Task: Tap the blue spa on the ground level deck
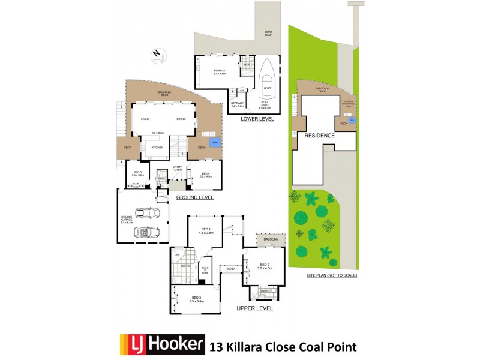(x=214, y=143)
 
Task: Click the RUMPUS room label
(x=218, y=72)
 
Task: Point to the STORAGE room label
(x=237, y=104)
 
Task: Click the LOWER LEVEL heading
(x=257, y=119)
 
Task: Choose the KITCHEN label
(x=157, y=147)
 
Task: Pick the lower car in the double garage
(x=144, y=232)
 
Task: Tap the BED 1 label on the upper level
(x=206, y=230)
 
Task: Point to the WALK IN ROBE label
(x=205, y=269)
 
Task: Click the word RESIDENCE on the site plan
(x=319, y=136)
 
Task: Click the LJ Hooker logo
(x=163, y=346)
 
